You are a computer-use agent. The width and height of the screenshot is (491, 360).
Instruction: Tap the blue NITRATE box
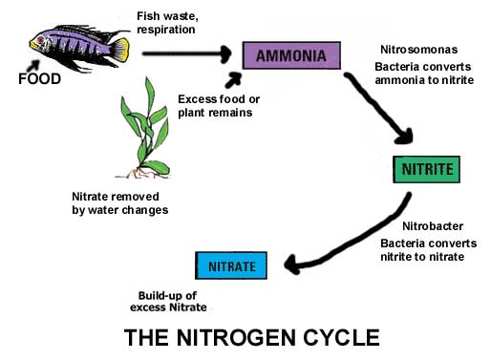coord(230,265)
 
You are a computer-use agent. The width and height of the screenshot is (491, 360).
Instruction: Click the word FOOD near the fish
coord(40,79)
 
